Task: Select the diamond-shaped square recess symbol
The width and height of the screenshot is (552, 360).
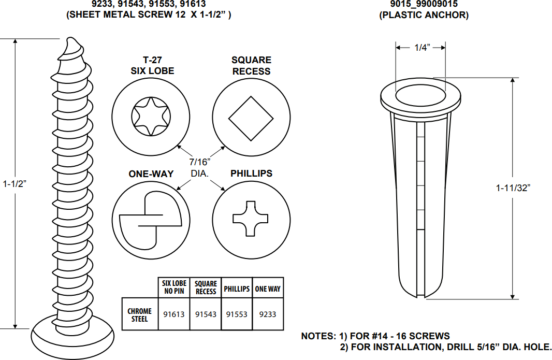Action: tap(251, 118)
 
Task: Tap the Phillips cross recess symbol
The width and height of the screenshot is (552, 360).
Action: tap(251, 219)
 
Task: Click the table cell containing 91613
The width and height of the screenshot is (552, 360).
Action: tap(174, 314)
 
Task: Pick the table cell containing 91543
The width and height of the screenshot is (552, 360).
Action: tap(206, 314)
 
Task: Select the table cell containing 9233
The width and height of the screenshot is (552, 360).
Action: tap(268, 314)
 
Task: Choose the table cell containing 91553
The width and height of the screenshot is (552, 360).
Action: tap(237, 314)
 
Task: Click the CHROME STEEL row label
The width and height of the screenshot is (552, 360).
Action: tap(140, 314)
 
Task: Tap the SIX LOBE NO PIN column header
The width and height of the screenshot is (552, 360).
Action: tap(174, 287)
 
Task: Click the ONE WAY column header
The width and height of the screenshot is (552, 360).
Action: tap(268, 289)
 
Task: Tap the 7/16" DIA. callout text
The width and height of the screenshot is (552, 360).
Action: tap(200, 167)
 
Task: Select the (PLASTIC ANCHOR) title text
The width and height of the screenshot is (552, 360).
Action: tap(424, 15)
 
